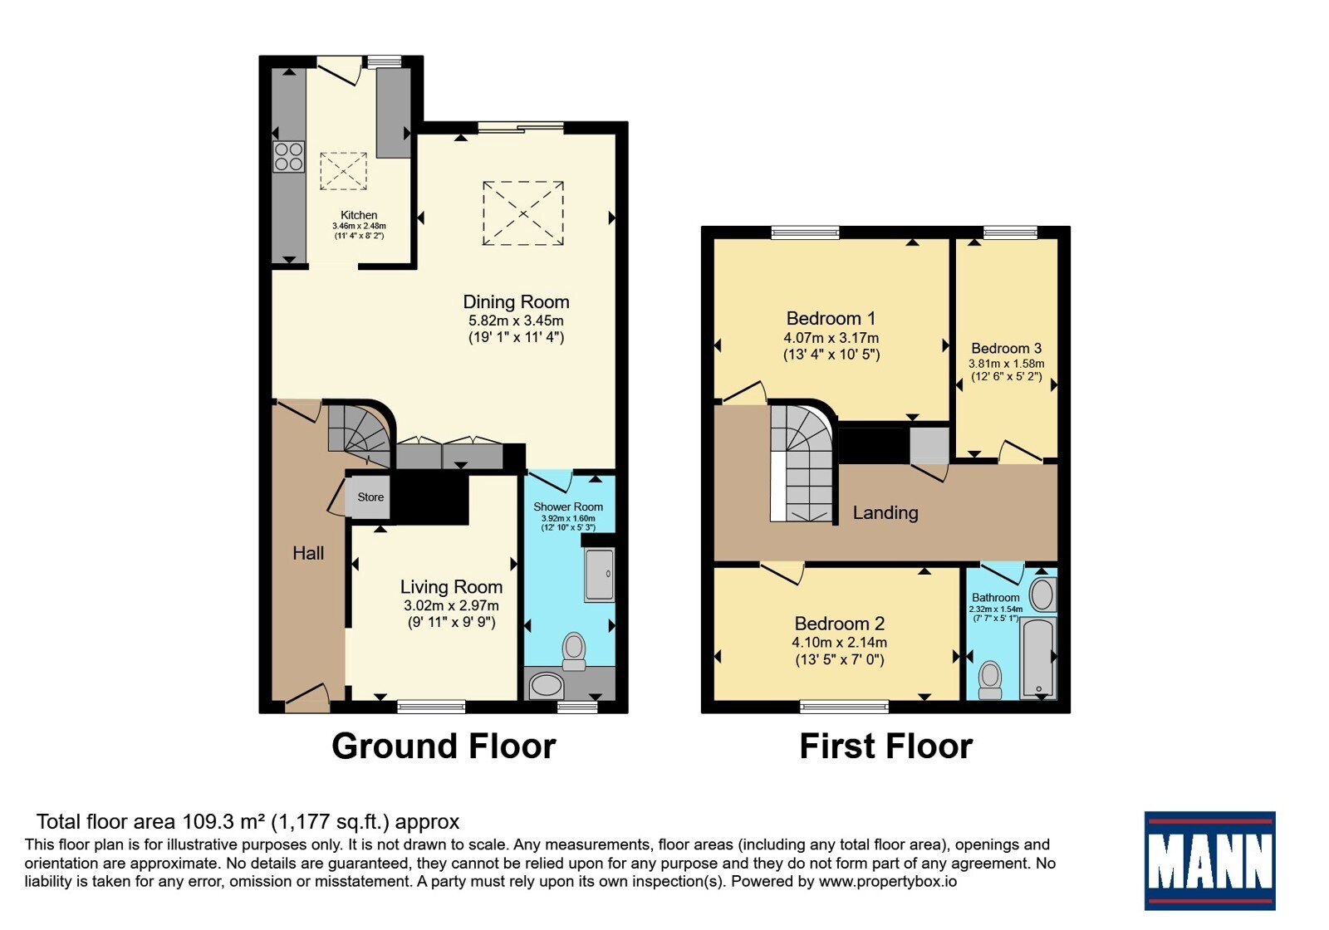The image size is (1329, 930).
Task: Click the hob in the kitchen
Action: click(289, 157)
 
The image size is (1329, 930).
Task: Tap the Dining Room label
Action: click(516, 302)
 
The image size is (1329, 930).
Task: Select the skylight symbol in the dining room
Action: click(522, 213)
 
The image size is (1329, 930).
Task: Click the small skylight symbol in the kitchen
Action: click(344, 171)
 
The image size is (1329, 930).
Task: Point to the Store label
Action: click(370, 497)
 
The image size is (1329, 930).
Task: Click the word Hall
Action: click(308, 553)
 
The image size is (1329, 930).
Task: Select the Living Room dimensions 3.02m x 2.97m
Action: click(451, 605)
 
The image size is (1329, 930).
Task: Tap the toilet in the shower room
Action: click(574, 651)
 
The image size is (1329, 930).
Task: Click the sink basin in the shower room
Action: click(546, 686)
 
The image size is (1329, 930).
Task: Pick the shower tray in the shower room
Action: click(599, 575)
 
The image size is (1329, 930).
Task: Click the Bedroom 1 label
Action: click(831, 319)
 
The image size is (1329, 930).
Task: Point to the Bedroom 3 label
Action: click(1006, 348)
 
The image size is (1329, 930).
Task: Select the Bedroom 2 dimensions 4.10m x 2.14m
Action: click(839, 643)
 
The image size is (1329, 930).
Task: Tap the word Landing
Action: click(885, 513)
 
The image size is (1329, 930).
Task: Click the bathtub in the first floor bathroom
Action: click(1038, 658)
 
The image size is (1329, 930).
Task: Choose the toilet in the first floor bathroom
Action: click(989, 680)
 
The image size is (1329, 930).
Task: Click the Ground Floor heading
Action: click(444, 746)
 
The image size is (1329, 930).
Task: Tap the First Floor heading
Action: click(885, 746)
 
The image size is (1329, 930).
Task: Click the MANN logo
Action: click(1209, 860)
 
